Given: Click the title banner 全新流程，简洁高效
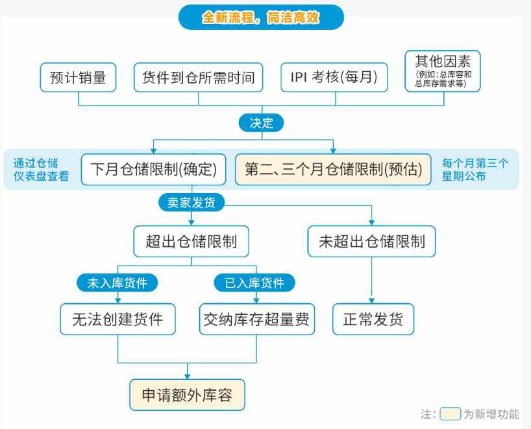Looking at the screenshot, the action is coord(261,17).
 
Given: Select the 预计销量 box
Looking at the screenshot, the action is coord(79,77).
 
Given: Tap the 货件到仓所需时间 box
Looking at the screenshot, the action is coord(199,77).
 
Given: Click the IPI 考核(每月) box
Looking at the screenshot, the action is coord(334,77).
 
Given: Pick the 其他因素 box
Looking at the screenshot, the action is coord(443,71).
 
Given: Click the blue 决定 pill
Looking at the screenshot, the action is coord(261,122).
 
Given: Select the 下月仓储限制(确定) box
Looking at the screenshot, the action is coord(153,169).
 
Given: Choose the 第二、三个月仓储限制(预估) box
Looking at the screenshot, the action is coord(333,169).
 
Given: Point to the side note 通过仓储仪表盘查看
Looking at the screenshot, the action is coord(41,169).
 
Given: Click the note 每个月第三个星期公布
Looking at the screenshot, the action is coord(475,169).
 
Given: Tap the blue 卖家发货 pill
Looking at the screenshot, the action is coord(191,202).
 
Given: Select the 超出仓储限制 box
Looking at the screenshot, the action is coord(191,241).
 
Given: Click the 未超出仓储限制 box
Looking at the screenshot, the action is coord(371,241).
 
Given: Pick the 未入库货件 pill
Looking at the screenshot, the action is coord(117,283).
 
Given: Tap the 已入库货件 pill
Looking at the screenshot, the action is coord(254,283).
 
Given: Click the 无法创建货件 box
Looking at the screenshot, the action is coord(118,319).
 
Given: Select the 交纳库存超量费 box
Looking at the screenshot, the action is coord(257,319).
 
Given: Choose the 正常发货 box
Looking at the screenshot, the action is coord(373,319).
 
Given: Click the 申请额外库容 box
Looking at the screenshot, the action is coord(187,395).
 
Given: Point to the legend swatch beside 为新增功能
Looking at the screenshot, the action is coord(451,414).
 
